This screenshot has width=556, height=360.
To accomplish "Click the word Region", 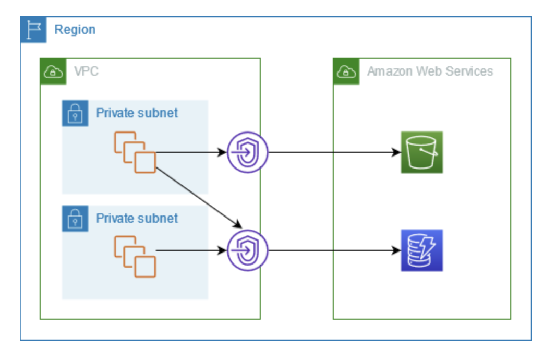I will click(75, 30).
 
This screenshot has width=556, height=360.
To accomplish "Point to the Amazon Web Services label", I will click(430, 71).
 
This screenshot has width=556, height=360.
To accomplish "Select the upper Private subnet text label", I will click(137, 113).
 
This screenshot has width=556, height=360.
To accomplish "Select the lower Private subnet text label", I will click(137, 219).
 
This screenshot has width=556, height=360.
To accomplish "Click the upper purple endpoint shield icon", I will click(247, 152).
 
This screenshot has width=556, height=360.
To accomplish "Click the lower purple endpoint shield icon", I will click(247, 250).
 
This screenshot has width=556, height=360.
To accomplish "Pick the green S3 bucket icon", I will click(421, 152).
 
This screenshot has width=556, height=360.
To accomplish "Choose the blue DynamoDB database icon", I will click(421, 250).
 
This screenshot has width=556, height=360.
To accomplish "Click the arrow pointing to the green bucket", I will click(334, 153).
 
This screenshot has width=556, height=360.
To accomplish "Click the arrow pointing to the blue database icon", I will click(334, 250).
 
